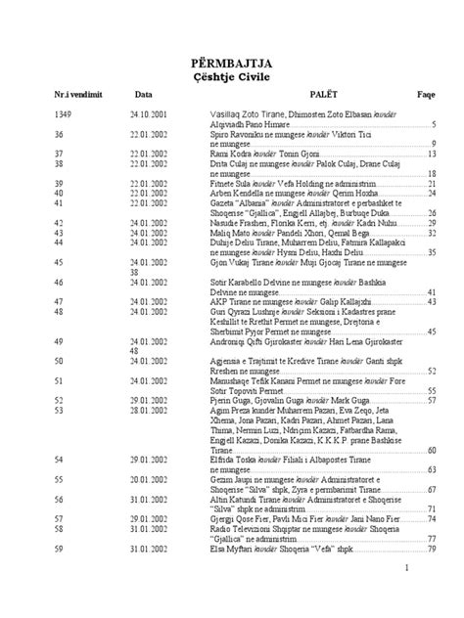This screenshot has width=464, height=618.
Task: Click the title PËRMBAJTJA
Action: point(232,64)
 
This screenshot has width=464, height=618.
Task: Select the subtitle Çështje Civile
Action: point(232,78)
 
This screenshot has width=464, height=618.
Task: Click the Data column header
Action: point(144,96)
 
